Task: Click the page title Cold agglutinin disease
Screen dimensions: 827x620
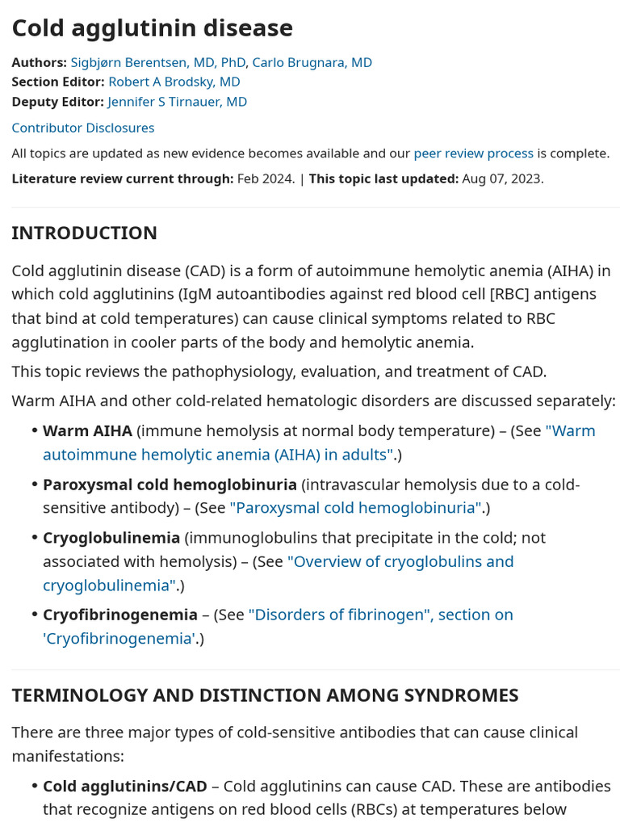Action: tap(152, 28)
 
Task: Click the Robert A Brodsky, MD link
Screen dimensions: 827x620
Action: tap(174, 82)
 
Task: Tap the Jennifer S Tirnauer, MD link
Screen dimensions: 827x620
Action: tap(177, 102)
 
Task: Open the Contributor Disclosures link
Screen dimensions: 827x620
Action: tap(82, 128)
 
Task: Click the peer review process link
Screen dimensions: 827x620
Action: tap(473, 153)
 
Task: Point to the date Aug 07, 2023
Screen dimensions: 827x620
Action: tap(502, 178)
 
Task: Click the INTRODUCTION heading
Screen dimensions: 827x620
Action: tap(84, 233)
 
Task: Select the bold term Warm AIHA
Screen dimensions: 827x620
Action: tap(87, 430)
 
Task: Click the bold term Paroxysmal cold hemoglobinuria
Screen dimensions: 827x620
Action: tap(170, 485)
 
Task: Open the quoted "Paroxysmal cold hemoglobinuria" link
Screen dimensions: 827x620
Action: tap(355, 508)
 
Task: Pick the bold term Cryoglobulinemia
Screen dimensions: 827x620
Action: tap(111, 538)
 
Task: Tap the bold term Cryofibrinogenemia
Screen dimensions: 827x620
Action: tap(119, 615)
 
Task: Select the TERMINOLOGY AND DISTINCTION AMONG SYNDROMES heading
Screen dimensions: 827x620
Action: tap(265, 695)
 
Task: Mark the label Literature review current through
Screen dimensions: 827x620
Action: tap(122, 178)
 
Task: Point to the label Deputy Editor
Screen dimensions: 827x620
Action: tap(57, 102)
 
